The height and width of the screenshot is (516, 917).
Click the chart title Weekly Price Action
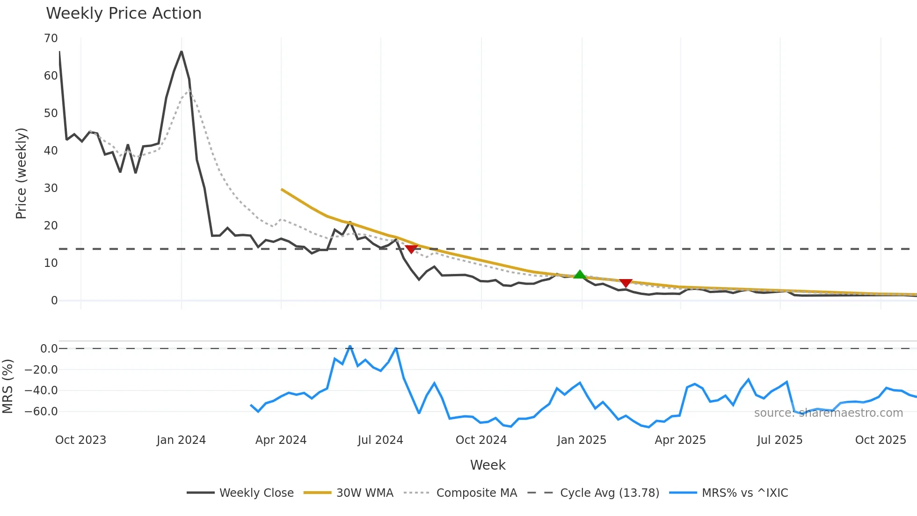[x=124, y=14]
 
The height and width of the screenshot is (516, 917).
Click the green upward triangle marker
[x=580, y=275]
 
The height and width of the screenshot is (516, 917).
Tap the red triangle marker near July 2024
[x=411, y=249]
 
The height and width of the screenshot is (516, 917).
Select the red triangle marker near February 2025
[x=626, y=283]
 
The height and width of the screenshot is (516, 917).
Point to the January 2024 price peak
[x=182, y=52]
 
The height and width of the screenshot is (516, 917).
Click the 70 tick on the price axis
[x=51, y=38]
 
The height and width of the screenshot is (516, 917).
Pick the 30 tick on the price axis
[x=51, y=188]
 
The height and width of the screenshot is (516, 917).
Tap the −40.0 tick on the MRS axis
[x=41, y=391]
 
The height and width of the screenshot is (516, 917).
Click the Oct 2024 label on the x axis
[x=481, y=440]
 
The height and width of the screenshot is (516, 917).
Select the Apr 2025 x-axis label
[x=680, y=440]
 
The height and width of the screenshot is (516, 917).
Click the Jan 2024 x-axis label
[x=181, y=440]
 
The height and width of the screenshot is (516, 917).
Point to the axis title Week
[x=488, y=465]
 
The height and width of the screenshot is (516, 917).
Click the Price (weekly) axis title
[x=22, y=173]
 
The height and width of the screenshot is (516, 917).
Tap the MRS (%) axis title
[x=8, y=386]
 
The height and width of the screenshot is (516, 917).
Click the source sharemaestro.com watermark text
[x=828, y=413]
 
